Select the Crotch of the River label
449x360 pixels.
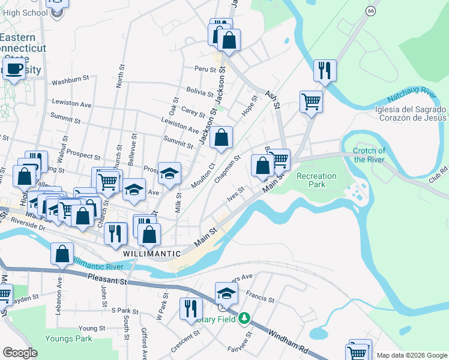369,155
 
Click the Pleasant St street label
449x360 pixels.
107,279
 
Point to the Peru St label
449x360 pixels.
204,69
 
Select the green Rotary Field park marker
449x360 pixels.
244,317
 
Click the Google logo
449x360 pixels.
20,353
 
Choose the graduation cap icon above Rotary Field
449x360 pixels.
226,293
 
